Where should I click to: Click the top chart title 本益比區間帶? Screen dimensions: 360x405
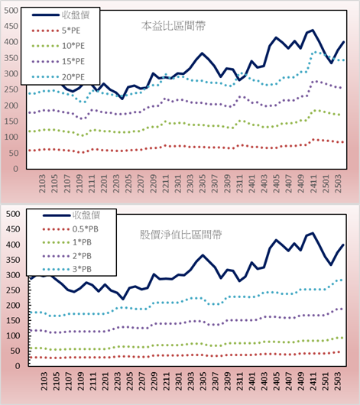point(174,26)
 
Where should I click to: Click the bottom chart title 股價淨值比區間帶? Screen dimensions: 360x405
point(181,235)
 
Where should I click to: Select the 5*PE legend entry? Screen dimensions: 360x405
point(56,31)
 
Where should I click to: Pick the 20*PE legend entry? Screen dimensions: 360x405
point(58,77)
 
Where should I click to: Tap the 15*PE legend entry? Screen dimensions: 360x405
point(58,61)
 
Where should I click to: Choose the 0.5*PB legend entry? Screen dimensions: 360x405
point(70,229)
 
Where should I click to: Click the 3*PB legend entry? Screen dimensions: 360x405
point(67,269)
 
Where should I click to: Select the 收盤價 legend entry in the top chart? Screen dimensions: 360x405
point(60,15)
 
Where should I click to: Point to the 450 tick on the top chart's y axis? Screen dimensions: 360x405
point(11,26)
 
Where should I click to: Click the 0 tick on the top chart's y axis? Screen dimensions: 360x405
point(16,169)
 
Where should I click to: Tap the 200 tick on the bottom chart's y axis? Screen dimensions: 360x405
point(13,306)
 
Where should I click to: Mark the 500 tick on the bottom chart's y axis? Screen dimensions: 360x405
point(13,214)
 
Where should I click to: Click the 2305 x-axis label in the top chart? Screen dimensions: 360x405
point(203,183)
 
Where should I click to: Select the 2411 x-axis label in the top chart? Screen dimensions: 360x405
point(313,183)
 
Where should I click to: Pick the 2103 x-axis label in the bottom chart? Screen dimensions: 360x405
point(44,381)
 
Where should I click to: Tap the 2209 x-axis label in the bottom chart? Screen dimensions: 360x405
point(154,381)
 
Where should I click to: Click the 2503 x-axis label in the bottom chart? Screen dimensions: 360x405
point(338,381)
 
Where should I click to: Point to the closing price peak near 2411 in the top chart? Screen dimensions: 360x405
point(313,31)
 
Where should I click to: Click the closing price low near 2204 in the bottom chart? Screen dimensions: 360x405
point(122,299)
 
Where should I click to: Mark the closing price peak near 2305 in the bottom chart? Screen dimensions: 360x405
point(203,255)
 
